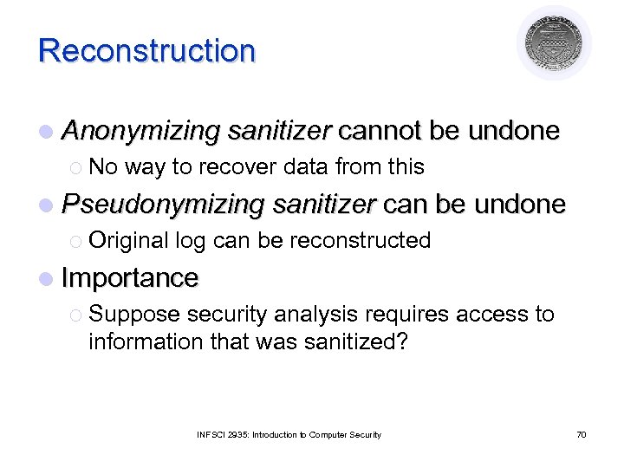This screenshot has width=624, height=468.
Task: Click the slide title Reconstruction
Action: (x=146, y=50)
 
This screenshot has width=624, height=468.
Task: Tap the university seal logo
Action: (x=554, y=44)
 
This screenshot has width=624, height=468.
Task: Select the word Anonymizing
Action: (x=141, y=131)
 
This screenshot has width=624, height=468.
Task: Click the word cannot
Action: (x=379, y=131)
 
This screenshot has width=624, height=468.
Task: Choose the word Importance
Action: (x=130, y=277)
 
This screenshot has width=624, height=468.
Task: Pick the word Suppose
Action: (x=134, y=314)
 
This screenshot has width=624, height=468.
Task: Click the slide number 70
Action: (x=581, y=434)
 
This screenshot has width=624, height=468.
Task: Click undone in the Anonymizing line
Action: (x=513, y=131)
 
